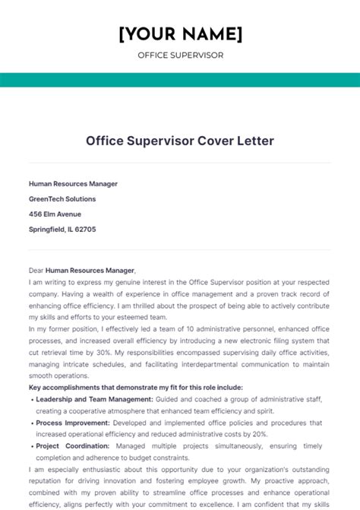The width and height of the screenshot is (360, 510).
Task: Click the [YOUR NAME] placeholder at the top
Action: click(x=180, y=34)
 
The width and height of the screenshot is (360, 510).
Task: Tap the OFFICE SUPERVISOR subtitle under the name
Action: click(x=180, y=55)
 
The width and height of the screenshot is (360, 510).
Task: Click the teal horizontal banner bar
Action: click(x=180, y=80)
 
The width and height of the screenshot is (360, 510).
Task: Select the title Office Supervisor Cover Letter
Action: click(x=180, y=141)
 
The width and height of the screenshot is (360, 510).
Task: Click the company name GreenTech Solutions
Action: click(x=62, y=199)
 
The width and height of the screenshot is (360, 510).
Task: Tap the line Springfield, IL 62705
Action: click(x=62, y=230)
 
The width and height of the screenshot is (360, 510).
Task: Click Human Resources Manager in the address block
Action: click(x=73, y=184)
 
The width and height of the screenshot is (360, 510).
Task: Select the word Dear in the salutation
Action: click(x=36, y=270)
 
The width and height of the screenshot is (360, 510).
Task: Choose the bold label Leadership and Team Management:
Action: click(x=94, y=399)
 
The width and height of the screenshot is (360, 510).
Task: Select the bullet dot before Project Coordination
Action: click(x=31, y=446)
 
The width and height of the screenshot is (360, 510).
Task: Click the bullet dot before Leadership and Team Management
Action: click(x=31, y=399)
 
